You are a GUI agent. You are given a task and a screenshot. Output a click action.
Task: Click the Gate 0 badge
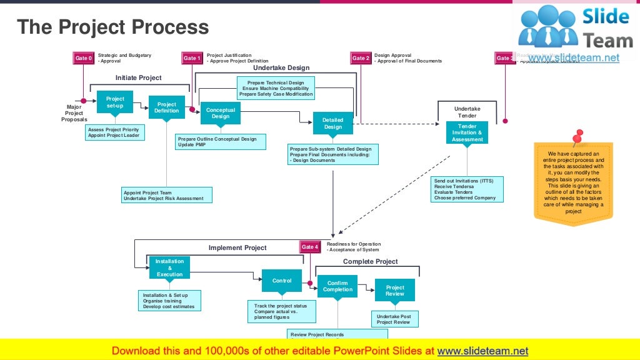(x=83, y=58)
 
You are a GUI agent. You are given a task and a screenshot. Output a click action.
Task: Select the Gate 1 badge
(x=192, y=58)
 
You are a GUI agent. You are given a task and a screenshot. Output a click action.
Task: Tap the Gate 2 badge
(x=361, y=58)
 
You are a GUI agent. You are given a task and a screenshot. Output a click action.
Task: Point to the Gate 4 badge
(x=310, y=247)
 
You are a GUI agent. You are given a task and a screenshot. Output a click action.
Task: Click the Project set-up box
(x=115, y=102)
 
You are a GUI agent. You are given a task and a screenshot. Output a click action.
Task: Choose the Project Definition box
(x=167, y=107)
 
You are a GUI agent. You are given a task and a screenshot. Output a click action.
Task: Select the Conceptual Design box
(x=221, y=113)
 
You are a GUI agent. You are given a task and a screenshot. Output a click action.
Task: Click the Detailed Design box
(x=333, y=123)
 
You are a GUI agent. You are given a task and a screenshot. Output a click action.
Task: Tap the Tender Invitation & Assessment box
(x=467, y=132)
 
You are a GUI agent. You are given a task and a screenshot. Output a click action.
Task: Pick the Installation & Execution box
(x=169, y=267)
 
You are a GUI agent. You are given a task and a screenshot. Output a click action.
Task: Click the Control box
(x=282, y=281)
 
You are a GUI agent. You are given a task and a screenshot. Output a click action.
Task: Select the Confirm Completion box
(x=337, y=286)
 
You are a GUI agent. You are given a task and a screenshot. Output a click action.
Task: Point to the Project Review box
(x=394, y=291)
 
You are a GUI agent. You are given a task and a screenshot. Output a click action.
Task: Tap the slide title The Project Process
(x=112, y=27)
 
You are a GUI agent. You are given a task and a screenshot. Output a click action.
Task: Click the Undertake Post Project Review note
(x=394, y=319)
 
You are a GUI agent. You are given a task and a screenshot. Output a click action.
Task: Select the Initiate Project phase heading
(x=138, y=77)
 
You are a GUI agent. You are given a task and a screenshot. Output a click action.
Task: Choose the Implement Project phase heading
(x=237, y=247)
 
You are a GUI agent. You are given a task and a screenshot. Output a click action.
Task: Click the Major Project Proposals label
(x=74, y=113)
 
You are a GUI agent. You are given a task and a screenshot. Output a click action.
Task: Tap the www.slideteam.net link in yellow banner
(x=482, y=351)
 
